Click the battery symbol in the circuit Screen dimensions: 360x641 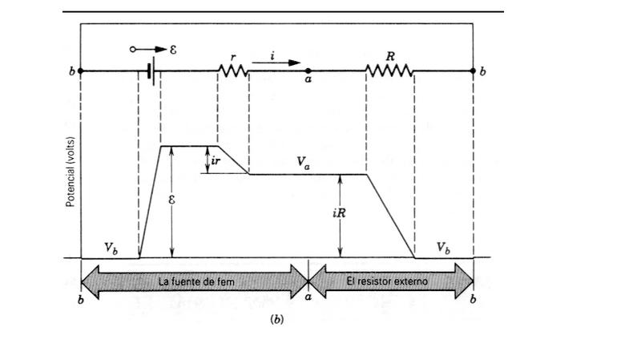click(150, 71)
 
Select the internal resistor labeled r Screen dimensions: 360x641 click(233, 71)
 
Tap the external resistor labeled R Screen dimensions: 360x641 click(389, 71)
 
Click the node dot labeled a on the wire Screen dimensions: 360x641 click(309, 71)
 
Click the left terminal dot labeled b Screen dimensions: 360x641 click(81, 71)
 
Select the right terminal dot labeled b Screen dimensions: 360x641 click(474, 71)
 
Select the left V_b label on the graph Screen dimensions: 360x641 click(112, 248)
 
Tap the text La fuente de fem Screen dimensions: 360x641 click(195, 281)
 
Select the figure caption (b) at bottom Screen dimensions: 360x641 click(277, 320)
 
